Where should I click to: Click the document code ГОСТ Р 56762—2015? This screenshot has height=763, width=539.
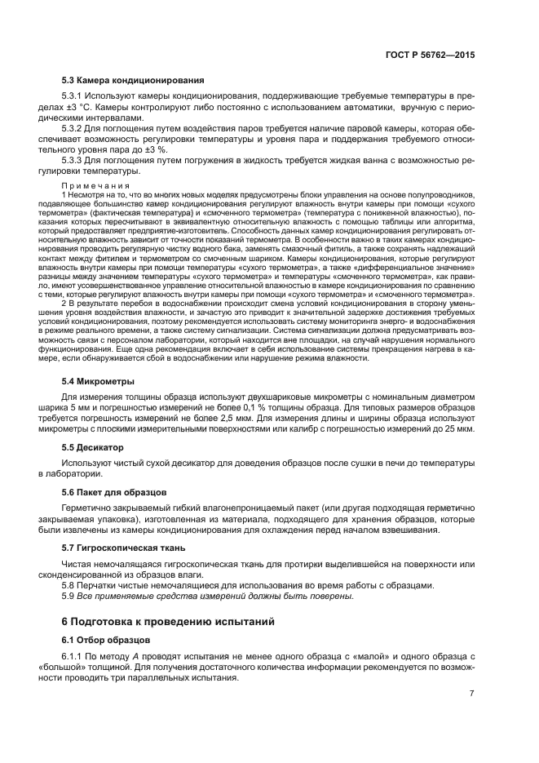tap(435, 55)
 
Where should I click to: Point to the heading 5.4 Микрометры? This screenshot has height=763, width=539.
tap(99, 381)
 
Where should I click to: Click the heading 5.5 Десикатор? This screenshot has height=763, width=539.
tap(93, 447)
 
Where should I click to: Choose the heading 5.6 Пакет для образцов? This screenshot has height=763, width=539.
tap(115, 492)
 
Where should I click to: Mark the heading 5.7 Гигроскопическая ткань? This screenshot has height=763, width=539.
tap(124, 547)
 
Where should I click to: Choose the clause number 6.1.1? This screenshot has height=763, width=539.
tap(75, 657)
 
